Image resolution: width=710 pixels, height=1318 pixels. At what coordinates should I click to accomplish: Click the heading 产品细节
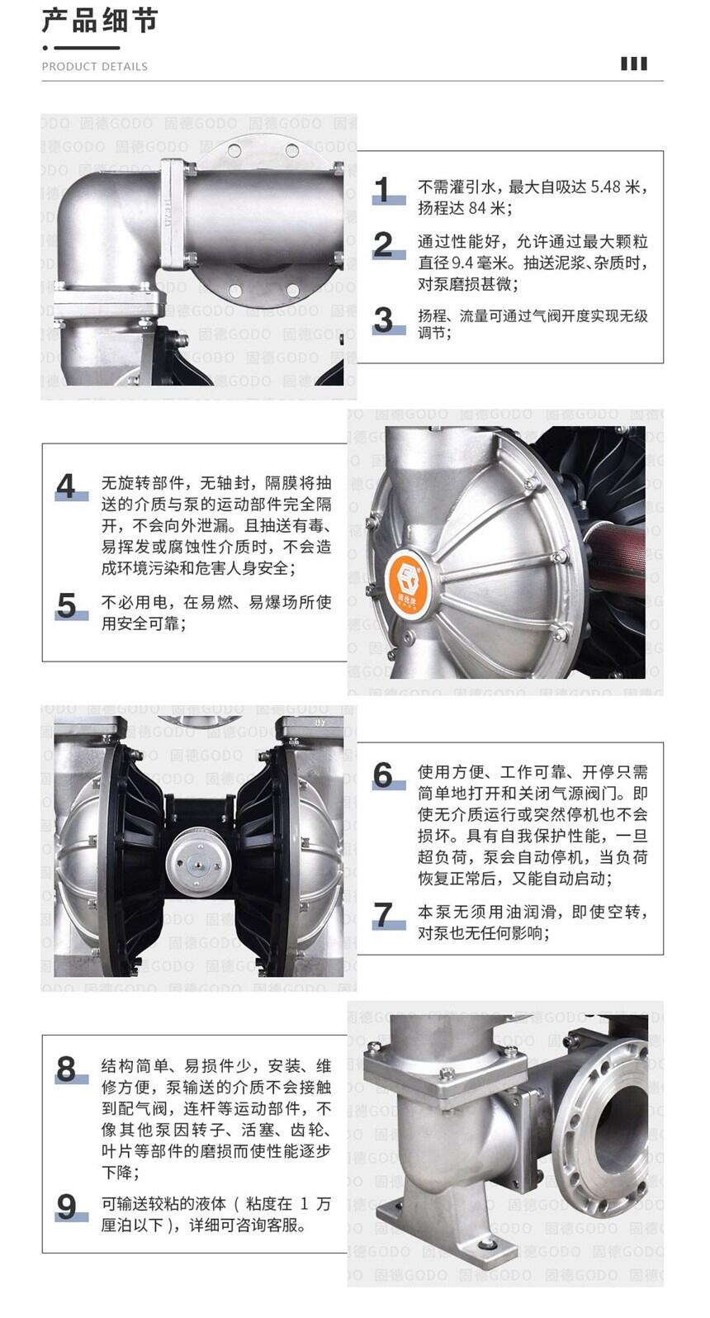pos(99,21)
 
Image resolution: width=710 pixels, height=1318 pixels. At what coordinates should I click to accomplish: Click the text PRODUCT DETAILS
pos(95,67)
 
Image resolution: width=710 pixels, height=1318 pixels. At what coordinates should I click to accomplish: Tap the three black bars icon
pos(634,64)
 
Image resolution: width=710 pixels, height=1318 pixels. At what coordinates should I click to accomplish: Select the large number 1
pos(384,189)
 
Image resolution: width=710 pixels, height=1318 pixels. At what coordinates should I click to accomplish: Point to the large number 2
pos(384,244)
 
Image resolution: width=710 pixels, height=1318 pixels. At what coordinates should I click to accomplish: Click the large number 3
pos(384,320)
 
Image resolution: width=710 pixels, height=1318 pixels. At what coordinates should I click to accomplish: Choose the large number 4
pos(67,486)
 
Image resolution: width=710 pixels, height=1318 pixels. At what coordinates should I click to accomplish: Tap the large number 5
pos(67,605)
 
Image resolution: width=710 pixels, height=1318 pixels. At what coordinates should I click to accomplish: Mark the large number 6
pos(384,775)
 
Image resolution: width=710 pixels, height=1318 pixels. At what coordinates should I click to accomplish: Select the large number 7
pos(384,915)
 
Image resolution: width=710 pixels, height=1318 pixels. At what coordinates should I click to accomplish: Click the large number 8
pos(67,1069)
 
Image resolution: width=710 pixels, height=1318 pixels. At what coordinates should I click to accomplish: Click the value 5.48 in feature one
pos(606,187)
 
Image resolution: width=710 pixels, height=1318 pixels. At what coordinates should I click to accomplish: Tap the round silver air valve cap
pos(196,863)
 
